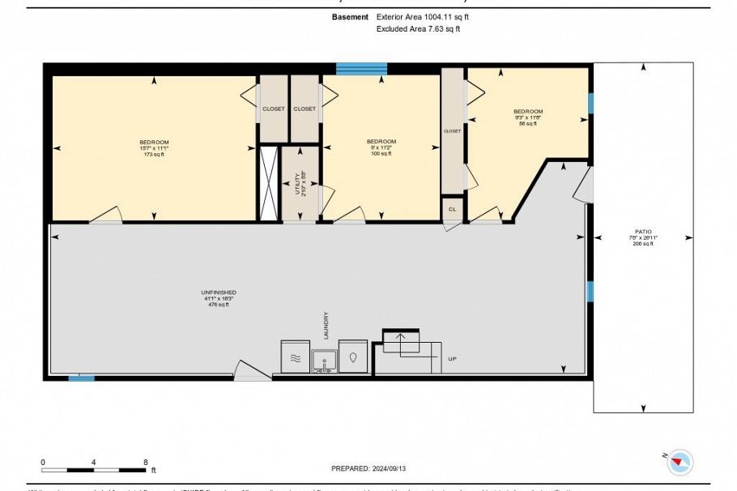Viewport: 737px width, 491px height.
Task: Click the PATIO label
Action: [x=644, y=231]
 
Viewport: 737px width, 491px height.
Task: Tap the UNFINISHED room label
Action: [x=220, y=292]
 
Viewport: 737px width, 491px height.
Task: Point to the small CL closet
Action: [x=453, y=209]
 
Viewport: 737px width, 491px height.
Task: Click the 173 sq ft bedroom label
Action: [x=154, y=142]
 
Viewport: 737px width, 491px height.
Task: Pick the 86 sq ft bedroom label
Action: [x=528, y=112]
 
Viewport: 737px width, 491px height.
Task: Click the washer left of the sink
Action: [x=295, y=357]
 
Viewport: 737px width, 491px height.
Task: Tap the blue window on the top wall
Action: [x=361, y=69]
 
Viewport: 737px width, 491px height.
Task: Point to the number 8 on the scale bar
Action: [x=146, y=462]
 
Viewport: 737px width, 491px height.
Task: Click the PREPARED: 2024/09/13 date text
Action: [x=368, y=468]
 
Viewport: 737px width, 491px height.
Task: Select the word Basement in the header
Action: [x=350, y=16]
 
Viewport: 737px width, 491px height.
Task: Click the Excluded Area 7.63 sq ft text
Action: [x=418, y=28]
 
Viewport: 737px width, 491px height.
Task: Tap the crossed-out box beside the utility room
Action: [x=268, y=183]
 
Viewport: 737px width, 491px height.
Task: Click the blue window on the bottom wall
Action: [x=80, y=378]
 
